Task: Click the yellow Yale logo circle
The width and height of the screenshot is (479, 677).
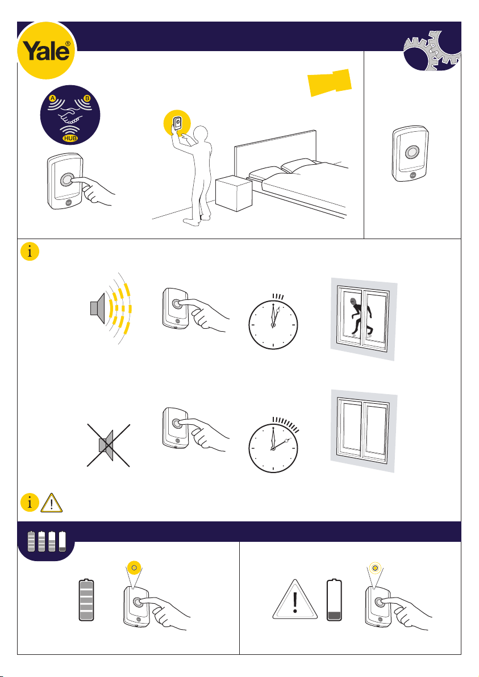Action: (46, 51)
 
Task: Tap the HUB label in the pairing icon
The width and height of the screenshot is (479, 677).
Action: (70, 139)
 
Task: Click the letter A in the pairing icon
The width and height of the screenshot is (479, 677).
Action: (52, 98)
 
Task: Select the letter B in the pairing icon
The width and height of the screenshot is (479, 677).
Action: (88, 98)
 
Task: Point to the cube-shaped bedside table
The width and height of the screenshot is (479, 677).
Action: (234, 194)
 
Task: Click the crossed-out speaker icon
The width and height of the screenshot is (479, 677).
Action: (108, 445)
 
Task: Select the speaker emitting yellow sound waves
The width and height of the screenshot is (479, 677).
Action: (110, 309)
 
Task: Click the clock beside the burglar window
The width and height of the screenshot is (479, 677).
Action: (273, 324)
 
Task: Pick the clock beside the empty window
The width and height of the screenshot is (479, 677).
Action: (273, 448)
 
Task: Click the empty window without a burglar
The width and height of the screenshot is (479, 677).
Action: (364, 430)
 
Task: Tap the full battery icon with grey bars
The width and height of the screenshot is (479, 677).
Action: (86, 600)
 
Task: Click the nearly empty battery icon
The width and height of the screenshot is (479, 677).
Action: (334, 600)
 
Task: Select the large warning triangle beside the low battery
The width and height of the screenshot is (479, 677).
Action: (295, 601)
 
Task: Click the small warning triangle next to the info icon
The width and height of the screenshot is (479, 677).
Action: (51, 503)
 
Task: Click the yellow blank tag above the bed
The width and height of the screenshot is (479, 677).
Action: (330, 82)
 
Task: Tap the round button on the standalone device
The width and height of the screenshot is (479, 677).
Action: (411, 153)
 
